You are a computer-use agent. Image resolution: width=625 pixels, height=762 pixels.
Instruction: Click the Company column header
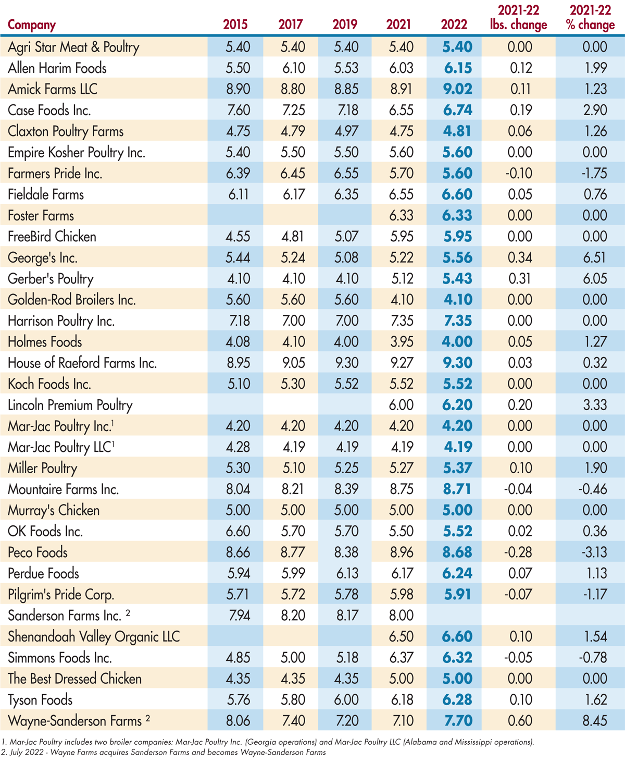tap(32, 24)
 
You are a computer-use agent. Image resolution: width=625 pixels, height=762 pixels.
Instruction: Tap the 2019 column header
tap(345, 24)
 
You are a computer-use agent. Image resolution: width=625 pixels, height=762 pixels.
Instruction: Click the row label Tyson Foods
tap(40, 700)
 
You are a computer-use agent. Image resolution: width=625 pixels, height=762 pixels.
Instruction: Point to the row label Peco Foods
tap(37, 552)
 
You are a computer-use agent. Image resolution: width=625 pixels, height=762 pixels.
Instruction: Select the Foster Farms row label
tap(41, 216)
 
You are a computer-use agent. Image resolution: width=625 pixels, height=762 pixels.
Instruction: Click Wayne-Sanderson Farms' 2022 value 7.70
tap(457, 721)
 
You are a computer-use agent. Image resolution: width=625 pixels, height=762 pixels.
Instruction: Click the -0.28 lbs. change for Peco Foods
tap(519, 552)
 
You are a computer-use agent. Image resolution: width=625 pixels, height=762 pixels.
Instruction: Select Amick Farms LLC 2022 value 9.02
tap(457, 89)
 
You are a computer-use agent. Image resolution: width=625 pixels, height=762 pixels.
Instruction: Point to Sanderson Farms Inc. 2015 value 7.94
tap(238, 616)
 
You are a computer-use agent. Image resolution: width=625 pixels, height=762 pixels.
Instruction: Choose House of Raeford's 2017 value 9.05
tap(293, 363)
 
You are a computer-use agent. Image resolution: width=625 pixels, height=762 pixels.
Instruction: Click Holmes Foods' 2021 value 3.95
tap(401, 342)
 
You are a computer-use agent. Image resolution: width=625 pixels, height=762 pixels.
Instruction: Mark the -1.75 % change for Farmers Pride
tap(594, 174)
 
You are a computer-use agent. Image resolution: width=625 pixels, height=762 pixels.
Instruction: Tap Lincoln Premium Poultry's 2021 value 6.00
tap(401, 405)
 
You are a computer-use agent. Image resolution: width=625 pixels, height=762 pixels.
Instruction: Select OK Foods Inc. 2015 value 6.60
tap(238, 532)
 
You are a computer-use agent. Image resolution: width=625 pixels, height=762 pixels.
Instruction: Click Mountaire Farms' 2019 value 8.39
tap(346, 489)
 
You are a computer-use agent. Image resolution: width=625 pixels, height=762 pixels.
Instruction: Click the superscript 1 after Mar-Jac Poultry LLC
tap(114, 443)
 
